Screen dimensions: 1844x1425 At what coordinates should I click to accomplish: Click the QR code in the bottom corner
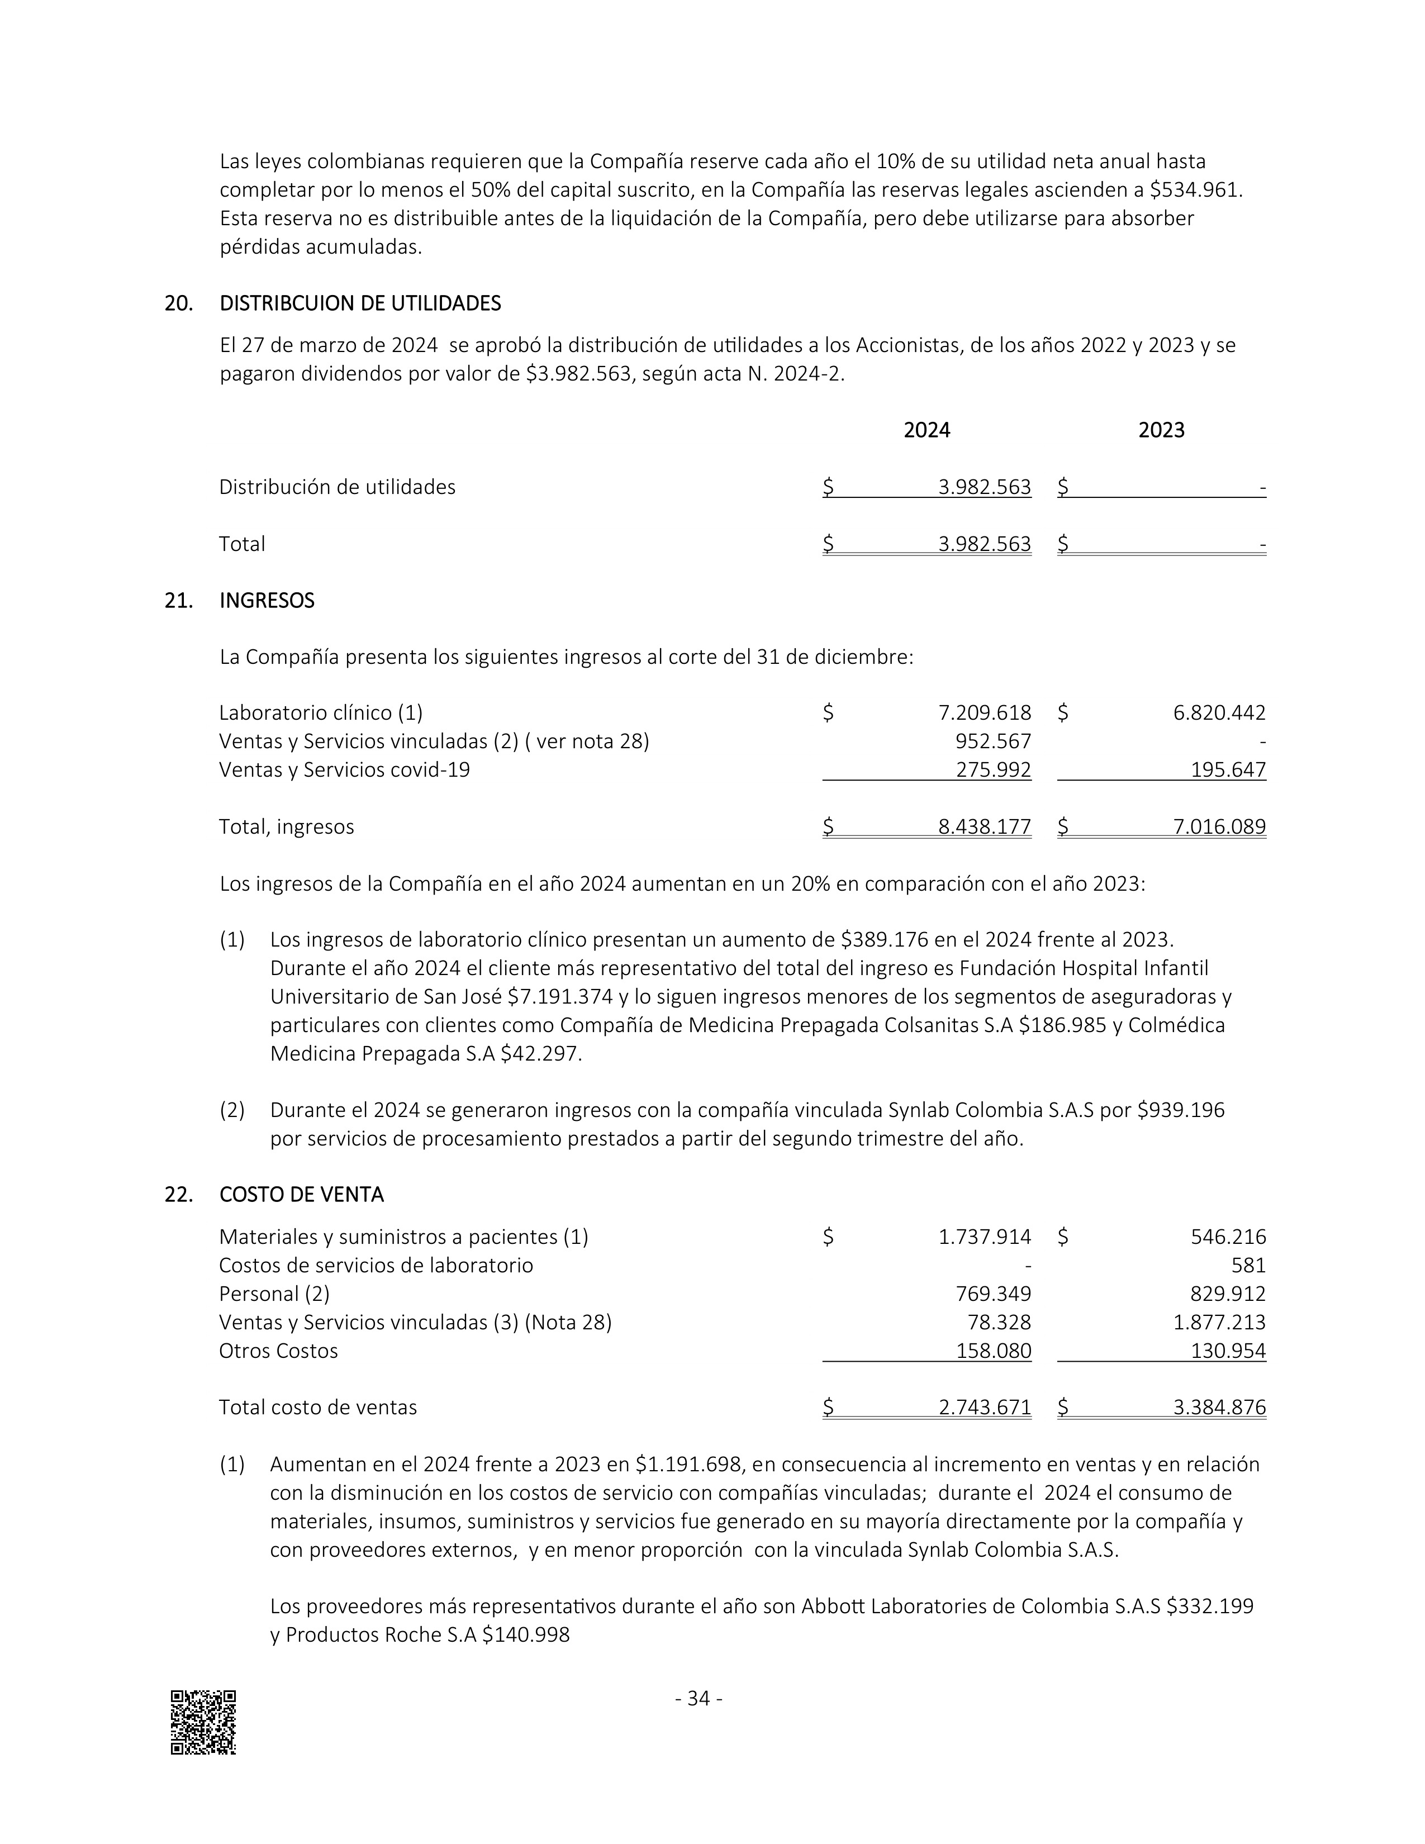203,1722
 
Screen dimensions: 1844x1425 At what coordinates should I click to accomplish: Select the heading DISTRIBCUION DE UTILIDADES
360,303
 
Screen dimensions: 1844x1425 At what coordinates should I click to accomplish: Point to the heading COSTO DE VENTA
301,1195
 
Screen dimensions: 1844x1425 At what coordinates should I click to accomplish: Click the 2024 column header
927,431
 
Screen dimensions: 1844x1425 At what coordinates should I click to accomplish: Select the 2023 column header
1162,431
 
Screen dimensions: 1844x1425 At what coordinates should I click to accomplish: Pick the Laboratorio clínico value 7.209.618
984,714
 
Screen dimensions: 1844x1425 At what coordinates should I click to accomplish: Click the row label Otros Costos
279,1351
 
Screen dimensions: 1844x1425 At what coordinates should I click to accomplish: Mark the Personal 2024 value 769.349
993,1294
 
